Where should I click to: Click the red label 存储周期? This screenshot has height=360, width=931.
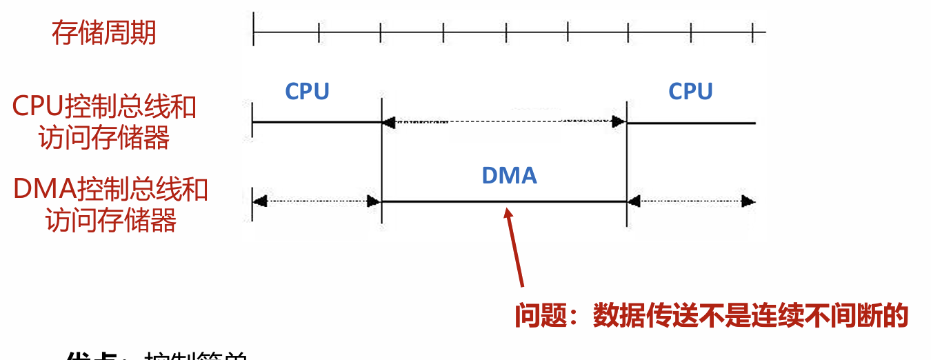[103, 32]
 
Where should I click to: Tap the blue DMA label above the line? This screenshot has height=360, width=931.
[509, 175]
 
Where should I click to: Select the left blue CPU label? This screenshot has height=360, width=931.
[308, 91]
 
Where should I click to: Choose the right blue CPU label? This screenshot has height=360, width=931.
[690, 91]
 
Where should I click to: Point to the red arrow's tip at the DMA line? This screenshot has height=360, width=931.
[508, 209]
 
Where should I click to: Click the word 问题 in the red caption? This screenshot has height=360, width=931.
[542, 315]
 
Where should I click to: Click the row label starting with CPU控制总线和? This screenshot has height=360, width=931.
[105, 107]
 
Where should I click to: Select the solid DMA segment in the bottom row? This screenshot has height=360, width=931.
[503, 202]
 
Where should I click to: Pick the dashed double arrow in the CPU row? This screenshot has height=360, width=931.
[503, 122]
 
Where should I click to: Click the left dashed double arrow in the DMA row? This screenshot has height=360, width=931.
[317, 201]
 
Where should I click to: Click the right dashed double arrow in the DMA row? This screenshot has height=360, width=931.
[691, 201]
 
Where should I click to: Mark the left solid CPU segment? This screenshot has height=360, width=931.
[317, 123]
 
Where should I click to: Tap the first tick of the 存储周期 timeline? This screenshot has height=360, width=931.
[254, 31]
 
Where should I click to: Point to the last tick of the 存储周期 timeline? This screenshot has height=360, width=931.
[752, 31]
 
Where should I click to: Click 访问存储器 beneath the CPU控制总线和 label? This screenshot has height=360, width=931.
[104, 138]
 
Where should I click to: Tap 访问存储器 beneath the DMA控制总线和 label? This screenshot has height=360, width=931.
[111, 220]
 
